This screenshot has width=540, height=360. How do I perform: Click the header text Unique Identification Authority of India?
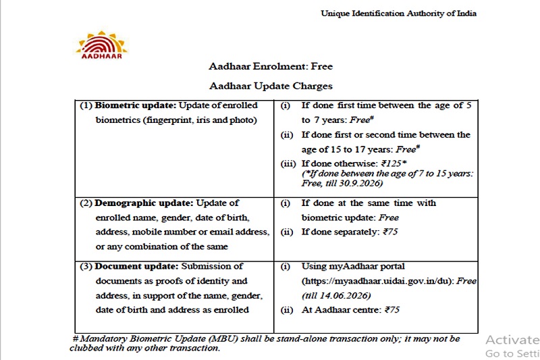point(398,14)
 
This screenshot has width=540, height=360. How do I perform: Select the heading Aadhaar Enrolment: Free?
point(271,66)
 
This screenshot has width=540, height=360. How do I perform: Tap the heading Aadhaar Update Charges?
point(271,86)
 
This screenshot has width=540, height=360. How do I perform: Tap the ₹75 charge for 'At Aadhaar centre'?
point(391,310)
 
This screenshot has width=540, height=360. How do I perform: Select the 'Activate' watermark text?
point(512,340)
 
